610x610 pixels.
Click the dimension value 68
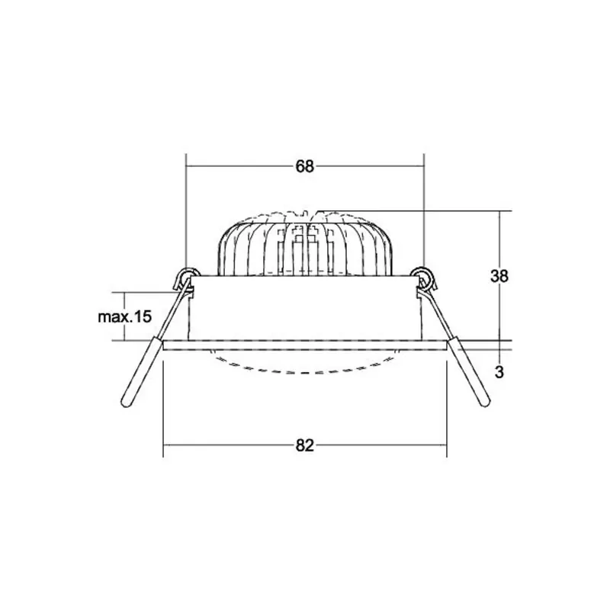tap(304, 166)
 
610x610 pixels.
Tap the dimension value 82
tap(304, 445)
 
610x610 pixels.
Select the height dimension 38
tap(499, 276)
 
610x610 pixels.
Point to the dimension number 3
tap(499, 372)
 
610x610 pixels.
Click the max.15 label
tap(124, 316)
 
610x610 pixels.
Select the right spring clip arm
tap(456, 346)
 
